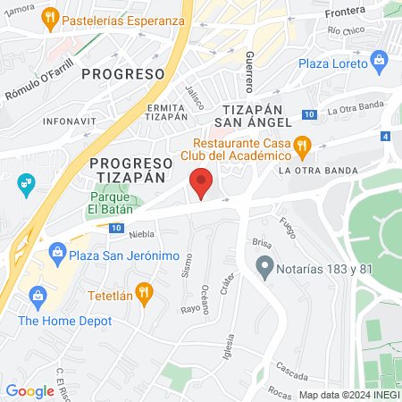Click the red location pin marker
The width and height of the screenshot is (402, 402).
pos(202,183)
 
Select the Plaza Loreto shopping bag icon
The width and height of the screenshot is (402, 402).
pos(380,63)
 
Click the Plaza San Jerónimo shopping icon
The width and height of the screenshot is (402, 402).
pos(58,254)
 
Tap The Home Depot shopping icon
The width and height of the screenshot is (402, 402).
pos(38,295)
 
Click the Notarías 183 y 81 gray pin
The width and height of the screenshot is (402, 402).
pos(264,265)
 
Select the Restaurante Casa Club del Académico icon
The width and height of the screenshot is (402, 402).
pos(302,144)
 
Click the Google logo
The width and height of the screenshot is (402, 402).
pos(29,390)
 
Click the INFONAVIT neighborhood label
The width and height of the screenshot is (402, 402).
pos(69,120)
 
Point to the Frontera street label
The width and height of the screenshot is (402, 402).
pos(346,10)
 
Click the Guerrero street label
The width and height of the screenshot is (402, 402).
pos(249,72)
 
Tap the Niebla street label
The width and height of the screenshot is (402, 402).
pos(141,235)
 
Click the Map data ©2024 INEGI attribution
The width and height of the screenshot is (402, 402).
pos(348,395)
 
